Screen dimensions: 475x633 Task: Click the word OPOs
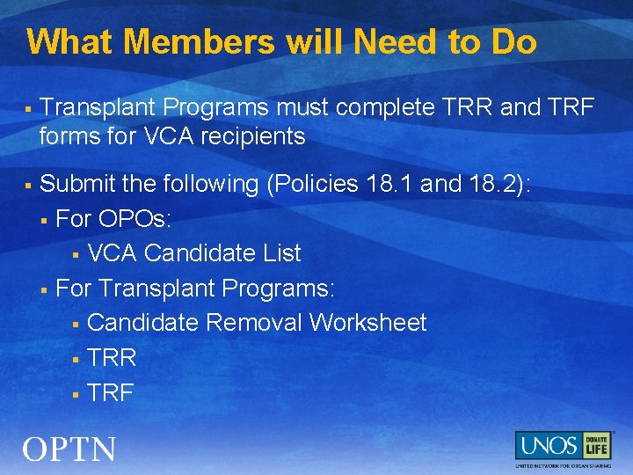coord(136,218)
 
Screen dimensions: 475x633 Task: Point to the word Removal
coord(254,323)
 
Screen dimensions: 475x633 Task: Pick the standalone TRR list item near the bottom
coord(112,358)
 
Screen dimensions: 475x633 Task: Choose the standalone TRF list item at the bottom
coord(110,392)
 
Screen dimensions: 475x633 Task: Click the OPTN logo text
coord(69,449)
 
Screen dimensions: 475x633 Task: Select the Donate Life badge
coord(597,445)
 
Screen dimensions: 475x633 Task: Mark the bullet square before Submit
coord(28,186)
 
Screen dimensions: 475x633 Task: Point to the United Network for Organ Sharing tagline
coord(563,464)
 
